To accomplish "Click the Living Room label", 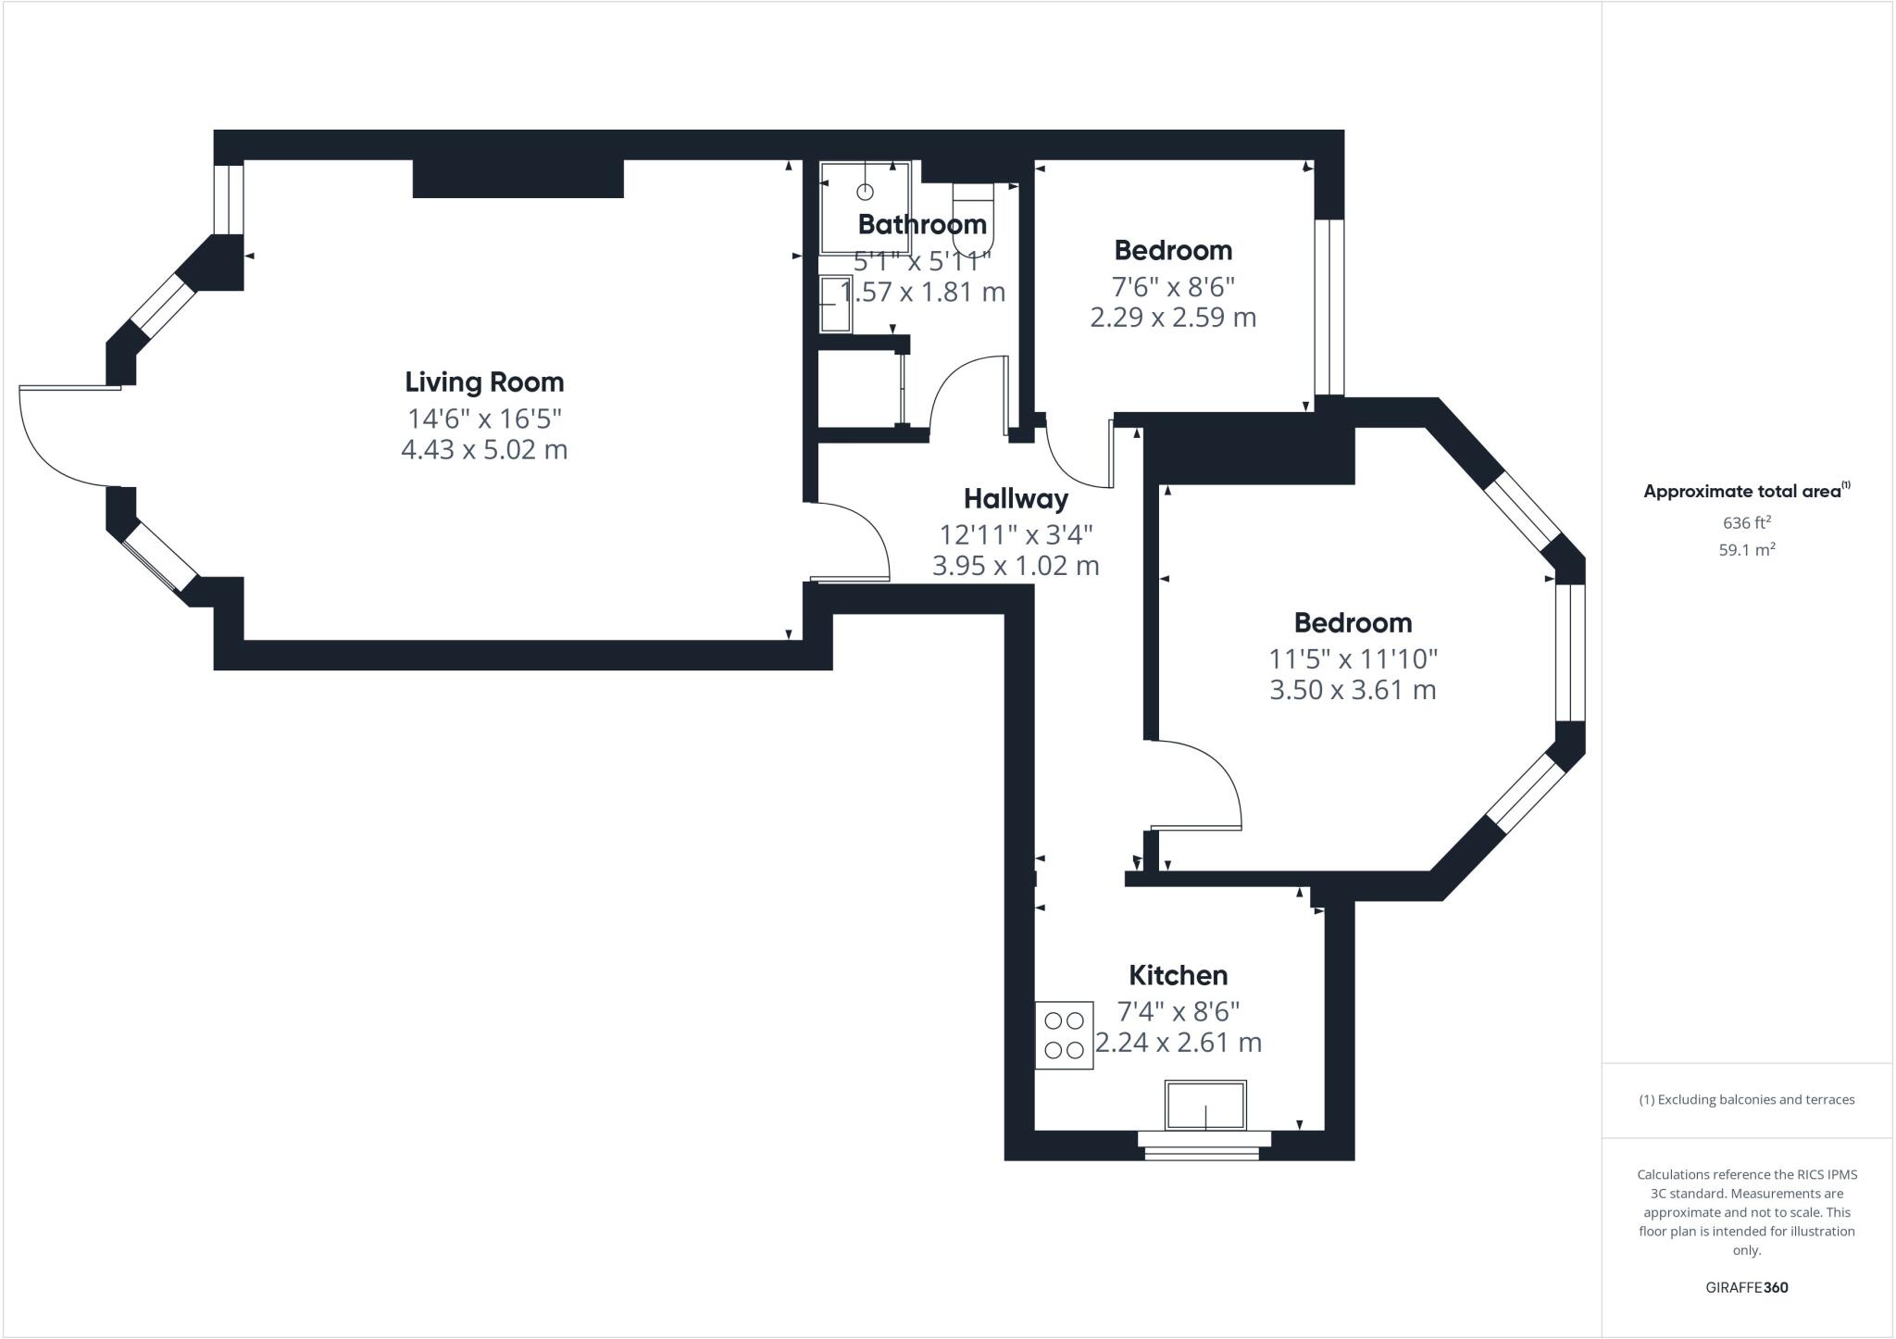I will [484, 382].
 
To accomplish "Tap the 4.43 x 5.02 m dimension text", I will [484, 450].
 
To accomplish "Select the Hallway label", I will [1016, 498].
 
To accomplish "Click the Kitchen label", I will [1178, 975].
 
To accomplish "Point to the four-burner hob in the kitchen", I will [1064, 1035].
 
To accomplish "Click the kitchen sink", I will [1205, 1105].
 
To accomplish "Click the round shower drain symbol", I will [865, 192].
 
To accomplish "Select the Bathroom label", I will [921, 224].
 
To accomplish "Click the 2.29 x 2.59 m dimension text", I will [1173, 318].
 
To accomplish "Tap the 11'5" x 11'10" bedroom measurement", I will [1352, 658].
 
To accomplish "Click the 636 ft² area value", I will [1746, 522].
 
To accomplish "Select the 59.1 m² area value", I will [1746, 549].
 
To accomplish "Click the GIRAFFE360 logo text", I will [1746, 1287].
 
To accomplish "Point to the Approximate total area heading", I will [1745, 492].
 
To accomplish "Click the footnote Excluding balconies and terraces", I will [1746, 1100].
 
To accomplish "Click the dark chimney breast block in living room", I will [518, 179].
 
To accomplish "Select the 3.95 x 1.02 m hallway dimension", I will [1016, 566].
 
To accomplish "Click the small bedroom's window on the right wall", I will [1329, 307].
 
